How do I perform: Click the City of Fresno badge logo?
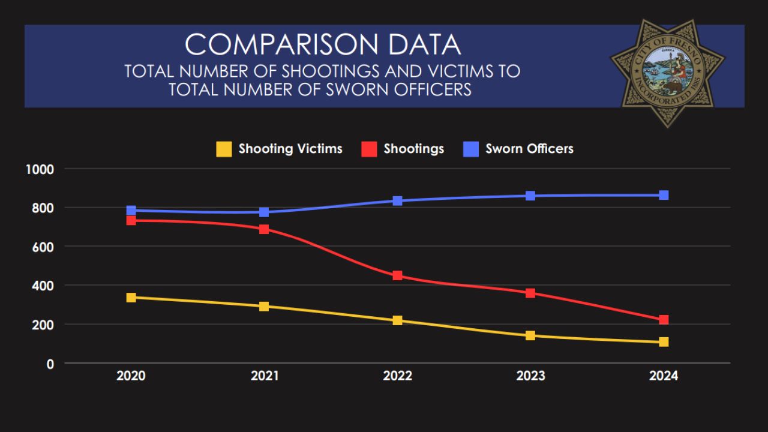667,72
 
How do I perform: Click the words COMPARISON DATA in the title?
323,44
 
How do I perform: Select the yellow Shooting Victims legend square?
224,149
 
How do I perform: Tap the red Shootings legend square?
369,149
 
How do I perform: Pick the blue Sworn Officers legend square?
471,149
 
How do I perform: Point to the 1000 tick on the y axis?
40,169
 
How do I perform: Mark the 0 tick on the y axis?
50,364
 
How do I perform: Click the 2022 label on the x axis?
398,376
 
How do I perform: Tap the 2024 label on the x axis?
664,376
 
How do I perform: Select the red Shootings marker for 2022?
397,276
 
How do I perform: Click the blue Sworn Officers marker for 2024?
664,195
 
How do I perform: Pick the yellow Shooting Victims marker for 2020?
131,298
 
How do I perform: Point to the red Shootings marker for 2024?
664,320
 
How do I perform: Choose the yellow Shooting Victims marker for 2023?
530,335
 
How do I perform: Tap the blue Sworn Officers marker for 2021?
264,212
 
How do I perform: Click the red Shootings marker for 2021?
264,229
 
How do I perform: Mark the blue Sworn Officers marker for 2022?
397,200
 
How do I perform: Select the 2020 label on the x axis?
131,376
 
